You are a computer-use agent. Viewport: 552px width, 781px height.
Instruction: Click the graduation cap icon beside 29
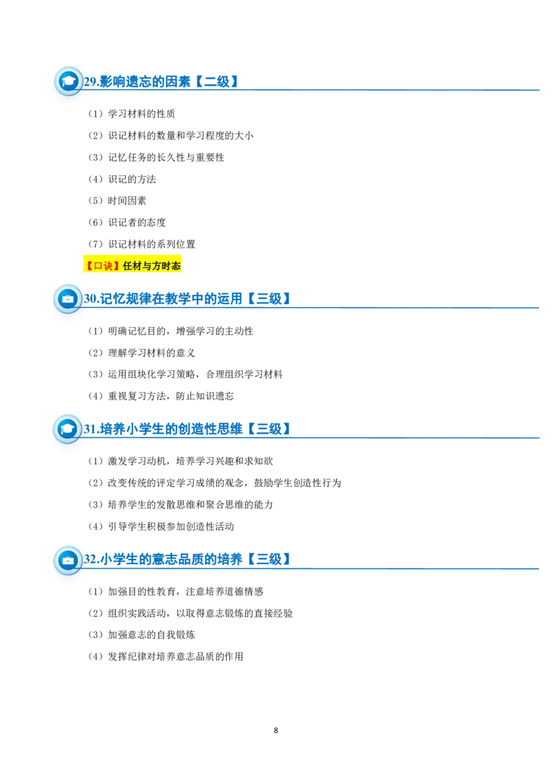tap(68, 81)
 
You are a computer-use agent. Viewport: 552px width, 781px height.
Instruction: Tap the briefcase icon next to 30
tap(68, 299)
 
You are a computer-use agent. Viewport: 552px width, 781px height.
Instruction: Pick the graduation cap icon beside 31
tap(68, 428)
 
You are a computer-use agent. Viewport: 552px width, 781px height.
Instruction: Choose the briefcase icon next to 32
tap(68, 560)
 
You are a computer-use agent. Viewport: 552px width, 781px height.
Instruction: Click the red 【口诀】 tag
tap(103, 266)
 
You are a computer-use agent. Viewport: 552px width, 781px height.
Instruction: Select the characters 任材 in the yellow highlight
tap(133, 266)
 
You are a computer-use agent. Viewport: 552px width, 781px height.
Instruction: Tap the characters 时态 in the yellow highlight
tap(171, 266)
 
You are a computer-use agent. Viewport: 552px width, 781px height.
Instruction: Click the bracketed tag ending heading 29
tap(215, 83)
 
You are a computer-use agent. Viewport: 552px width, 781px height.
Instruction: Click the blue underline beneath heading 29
tap(386, 91)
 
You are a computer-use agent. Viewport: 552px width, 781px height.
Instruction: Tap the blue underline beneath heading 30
tap(414, 306)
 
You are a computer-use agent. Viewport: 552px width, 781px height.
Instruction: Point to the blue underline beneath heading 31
tap(414, 437)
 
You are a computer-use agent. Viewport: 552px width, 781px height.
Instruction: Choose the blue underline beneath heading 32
tap(414, 568)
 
